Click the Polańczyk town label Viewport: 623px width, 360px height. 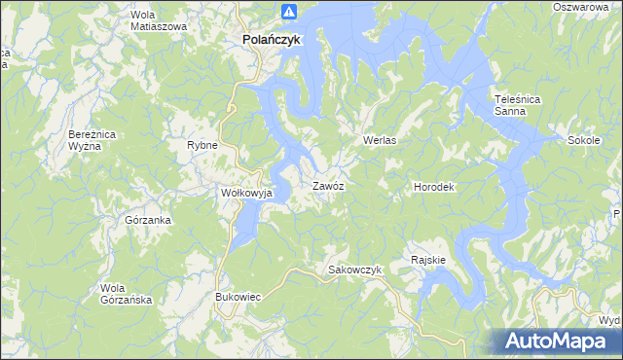tap(272, 40)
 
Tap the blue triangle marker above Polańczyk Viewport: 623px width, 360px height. tap(288, 12)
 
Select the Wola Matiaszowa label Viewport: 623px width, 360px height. tap(158, 20)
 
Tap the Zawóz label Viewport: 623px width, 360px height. tap(328, 185)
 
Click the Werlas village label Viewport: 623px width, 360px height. tap(384, 140)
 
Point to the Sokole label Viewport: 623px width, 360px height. tap(583, 140)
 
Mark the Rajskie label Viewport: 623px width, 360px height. tap(428, 260)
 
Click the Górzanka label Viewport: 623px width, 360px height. tap(149, 220)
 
